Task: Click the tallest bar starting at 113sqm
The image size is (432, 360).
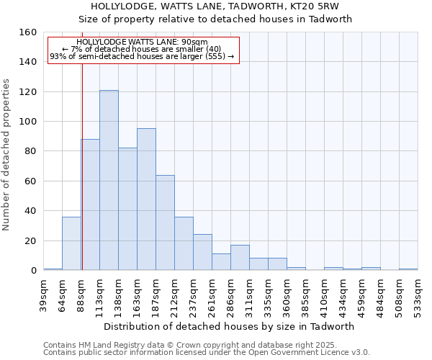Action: point(109,180)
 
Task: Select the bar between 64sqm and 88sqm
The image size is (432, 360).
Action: point(71,243)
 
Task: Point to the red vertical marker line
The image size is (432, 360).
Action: point(82,166)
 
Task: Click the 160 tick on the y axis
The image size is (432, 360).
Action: point(28,32)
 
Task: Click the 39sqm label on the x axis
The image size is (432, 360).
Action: point(44,294)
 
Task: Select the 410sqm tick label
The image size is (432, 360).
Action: point(325,294)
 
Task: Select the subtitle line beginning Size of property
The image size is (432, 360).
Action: point(215,19)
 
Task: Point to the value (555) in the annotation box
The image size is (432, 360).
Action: point(215,56)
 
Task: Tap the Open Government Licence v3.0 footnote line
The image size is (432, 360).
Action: point(207,352)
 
